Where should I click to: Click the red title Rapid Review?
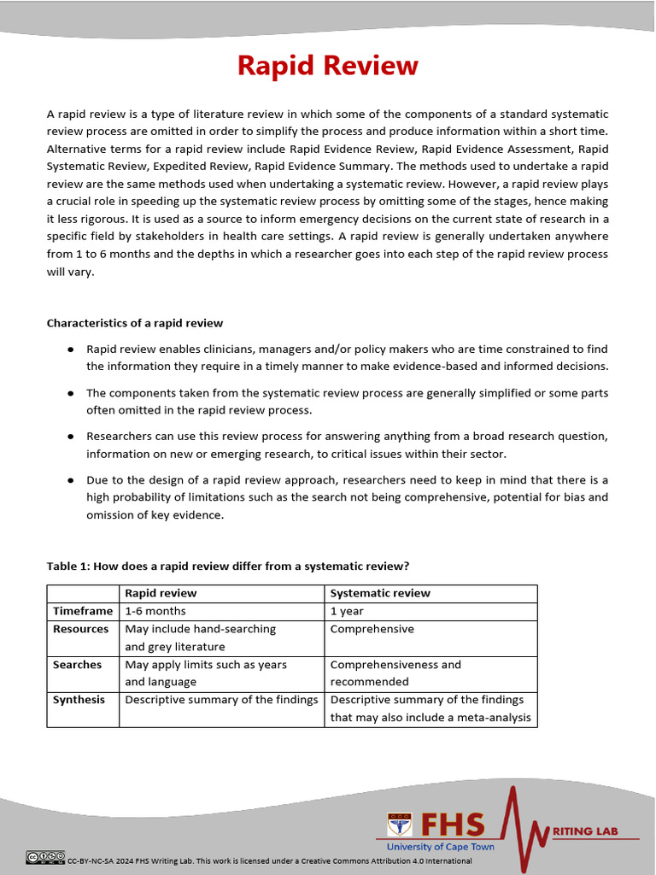(327, 66)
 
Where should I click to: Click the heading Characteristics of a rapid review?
(134, 322)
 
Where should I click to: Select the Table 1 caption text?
(228, 566)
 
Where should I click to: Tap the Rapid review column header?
(161, 593)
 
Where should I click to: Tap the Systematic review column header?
(380, 593)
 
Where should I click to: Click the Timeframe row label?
(83, 611)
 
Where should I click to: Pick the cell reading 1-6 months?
(155, 611)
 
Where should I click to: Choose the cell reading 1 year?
(347, 611)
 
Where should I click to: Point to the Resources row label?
(81, 629)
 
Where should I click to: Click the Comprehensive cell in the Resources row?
(372, 629)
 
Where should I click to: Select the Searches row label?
(77, 665)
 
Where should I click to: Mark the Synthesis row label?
(79, 700)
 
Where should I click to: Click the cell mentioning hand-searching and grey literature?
(200, 637)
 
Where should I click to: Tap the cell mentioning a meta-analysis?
(430, 708)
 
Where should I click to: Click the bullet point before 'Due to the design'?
(69, 480)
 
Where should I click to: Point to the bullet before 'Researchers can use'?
(69, 437)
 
